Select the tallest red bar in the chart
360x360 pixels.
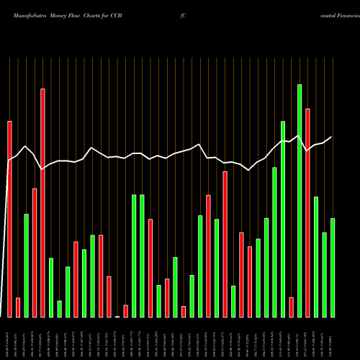[42, 202]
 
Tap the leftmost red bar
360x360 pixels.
[9, 219]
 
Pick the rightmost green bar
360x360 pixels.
[333, 267]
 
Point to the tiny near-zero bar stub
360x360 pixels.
[117, 316]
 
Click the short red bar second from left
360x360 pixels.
[18, 307]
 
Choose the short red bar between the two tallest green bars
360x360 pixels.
[291, 307]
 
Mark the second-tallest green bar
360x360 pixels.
[283, 219]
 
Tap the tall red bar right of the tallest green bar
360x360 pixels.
[307, 212]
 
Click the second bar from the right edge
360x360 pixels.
[324, 274]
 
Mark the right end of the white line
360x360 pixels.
[332, 137]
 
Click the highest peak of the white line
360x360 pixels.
[300, 135]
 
